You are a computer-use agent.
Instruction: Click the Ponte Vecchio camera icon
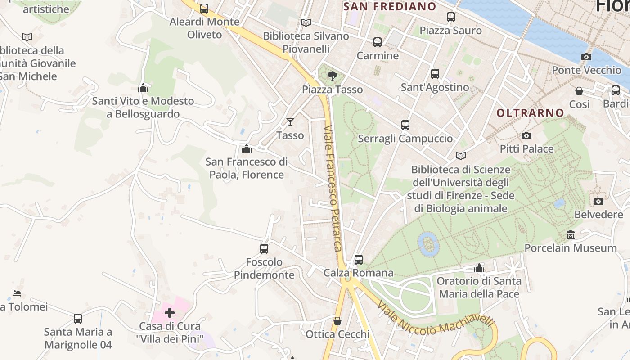(586, 57)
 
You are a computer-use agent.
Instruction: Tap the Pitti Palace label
(526, 148)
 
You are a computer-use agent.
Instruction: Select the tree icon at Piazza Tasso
(333, 76)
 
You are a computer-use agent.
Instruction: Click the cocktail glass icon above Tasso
(290, 121)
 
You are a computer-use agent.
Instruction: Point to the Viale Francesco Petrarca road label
(333, 188)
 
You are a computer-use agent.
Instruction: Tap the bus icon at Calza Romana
(359, 259)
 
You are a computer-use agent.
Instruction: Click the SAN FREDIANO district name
(390, 6)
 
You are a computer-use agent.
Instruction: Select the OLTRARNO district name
(530, 113)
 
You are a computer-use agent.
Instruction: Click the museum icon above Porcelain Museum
(571, 234)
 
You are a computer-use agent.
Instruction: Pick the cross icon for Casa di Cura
(170, 312)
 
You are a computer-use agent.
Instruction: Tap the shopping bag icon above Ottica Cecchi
(337, 321)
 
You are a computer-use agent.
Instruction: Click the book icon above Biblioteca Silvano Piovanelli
(306, 22)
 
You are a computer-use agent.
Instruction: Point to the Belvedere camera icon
(598, 201)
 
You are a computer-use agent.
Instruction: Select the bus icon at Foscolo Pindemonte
(264, 248)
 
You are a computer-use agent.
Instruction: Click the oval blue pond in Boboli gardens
(428, 243)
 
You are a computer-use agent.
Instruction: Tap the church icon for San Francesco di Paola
(247, 148)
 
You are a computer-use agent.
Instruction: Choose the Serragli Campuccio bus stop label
(405, 138)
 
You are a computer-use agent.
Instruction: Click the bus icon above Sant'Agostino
(435, 74)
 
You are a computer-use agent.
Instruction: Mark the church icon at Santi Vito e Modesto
(143, 87)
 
